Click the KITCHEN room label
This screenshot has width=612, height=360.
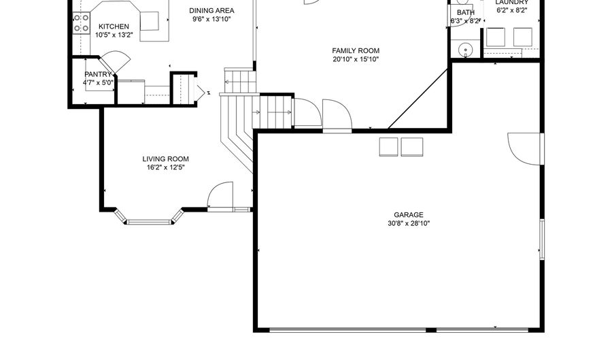pos(114,27)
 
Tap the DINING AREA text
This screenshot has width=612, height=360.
pos(211,11)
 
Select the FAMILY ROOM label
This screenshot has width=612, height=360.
pos(356,50)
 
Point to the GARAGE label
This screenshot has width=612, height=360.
pos(408,214)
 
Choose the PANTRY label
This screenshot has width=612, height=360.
pos(98,74)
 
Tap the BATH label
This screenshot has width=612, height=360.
pos(466,12)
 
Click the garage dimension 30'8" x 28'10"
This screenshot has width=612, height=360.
pos(408,223)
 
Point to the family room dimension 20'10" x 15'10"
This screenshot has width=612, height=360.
pos(356,60)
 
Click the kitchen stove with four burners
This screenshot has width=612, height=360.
pos(82,23)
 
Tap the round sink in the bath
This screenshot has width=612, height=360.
pos(466,49)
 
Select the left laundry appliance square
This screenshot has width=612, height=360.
pos(496,37)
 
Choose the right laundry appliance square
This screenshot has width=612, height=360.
pos(522,37)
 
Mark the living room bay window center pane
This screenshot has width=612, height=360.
pos(149,221)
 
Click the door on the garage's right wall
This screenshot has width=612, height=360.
pos(526,148)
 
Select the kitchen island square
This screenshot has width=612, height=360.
pos(149,21)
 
